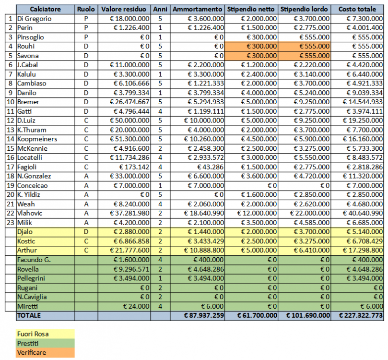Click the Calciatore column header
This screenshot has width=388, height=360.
click(x=45, y=9)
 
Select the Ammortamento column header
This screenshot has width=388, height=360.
click(x=197, y=9)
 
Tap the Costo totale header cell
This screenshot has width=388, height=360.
click(x=361, y=9)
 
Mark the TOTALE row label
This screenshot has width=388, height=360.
click(x=30, y=315)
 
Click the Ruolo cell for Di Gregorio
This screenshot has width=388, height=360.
click(x=86, y=18)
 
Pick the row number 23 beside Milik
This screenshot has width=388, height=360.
click(x=10, y=222)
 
